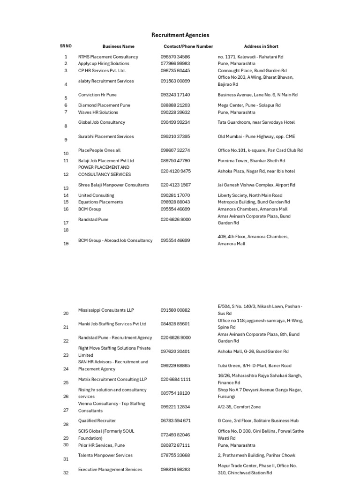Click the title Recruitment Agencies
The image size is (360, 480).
tap(180, 35)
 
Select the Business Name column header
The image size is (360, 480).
tap(118, 46)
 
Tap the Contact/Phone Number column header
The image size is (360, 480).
tap(188, 46)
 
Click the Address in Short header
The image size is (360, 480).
tap(261, 46)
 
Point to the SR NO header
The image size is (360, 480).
tap(66, 46)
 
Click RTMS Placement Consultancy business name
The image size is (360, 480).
tap(108, 57)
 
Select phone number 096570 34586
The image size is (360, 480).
tap(175, 57)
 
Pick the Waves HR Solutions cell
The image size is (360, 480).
tap(98, 112)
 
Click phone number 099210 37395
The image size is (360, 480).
tap(175, 137)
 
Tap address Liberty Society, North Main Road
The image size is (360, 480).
tap(250, 195)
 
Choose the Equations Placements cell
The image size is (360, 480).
tap(100, 202)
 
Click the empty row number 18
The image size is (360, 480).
tap(66, 230)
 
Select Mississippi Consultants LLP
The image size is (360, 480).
tap(106, 310)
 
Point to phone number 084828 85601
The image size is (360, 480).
tap(175, 324)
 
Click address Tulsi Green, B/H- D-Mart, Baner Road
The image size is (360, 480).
tap(254, 366)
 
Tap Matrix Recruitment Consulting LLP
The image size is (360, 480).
tap(112, 379)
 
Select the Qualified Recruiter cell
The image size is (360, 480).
tap(97, 421)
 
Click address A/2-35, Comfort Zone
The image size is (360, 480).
tap(239, 407)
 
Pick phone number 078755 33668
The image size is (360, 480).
tap(175, 456)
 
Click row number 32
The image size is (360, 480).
tap(66, 473)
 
